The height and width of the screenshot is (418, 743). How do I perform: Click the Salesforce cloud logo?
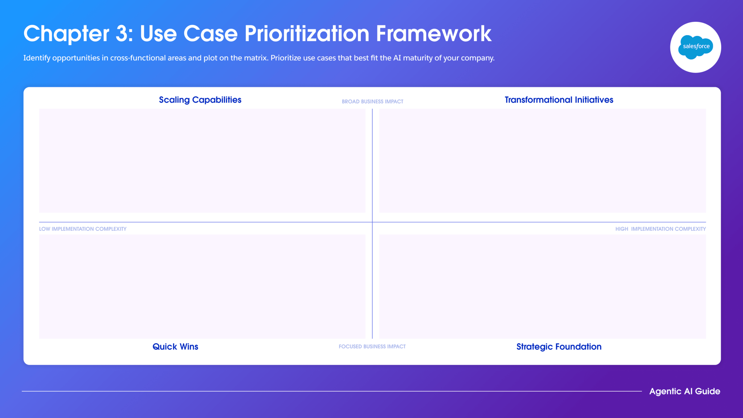[x=695, y=47]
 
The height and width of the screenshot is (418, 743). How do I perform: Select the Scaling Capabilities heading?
[x=200, y=100]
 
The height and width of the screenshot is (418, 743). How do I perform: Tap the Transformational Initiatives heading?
[x=559, y=100]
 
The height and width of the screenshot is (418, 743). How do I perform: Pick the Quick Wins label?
[x=175, y=347]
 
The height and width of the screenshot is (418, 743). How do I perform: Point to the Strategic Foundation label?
[x=559, y=347]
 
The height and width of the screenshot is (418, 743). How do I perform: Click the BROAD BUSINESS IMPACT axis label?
[x=372, y=102]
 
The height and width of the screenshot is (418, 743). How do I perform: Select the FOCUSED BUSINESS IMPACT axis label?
[x=372, y=347]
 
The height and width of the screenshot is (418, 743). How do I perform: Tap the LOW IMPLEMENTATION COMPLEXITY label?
[x=83, y=229]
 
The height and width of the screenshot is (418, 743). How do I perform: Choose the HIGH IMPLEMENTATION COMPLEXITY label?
[x=661, y=229]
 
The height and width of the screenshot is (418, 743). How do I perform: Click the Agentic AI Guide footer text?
[x=685, y=391]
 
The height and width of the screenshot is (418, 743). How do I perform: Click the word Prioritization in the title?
[x=307, y=34]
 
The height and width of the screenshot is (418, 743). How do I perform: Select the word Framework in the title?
[x=434, y=34]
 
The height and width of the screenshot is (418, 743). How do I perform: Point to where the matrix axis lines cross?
[x=372, y=222]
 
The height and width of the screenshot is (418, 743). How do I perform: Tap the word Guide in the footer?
[x=707, y=391]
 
